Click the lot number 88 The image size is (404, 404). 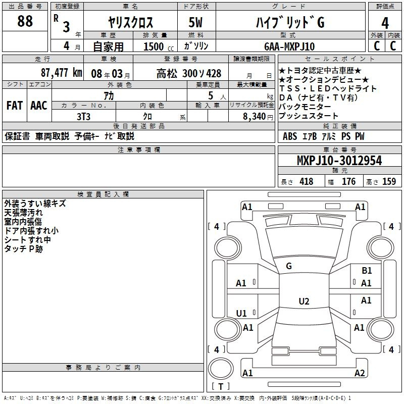25,21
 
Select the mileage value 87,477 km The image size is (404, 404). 62,73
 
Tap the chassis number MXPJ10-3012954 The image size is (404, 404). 339,161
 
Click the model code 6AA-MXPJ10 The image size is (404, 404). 289,46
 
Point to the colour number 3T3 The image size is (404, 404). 83,117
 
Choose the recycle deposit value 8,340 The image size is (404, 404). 255,117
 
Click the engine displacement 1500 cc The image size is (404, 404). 159,46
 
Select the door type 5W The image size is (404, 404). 195,22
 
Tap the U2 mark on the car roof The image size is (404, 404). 304,301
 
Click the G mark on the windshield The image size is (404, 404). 289,266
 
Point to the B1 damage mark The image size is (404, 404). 367,270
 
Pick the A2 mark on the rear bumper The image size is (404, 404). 360,373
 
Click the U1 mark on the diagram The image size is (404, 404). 241,313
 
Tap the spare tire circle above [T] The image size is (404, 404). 221,369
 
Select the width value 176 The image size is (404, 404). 348,181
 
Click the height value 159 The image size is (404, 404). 389,181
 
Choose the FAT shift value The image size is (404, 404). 15,106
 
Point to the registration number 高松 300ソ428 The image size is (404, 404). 189,74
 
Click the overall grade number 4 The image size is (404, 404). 385,23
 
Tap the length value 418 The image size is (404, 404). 307,181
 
